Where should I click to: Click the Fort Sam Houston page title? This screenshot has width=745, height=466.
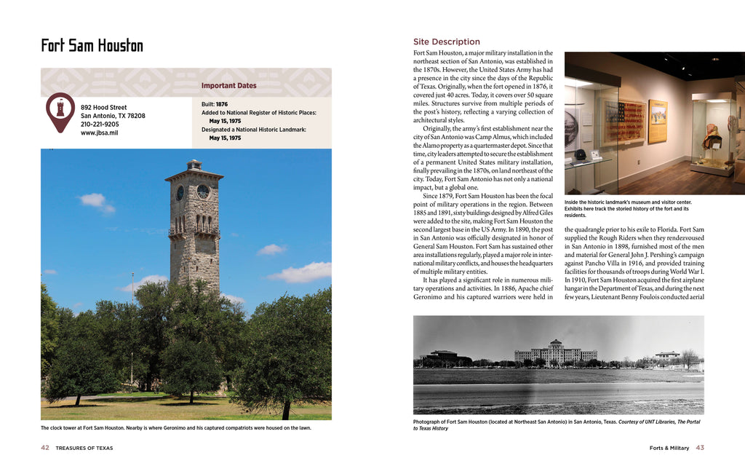pos(92,46)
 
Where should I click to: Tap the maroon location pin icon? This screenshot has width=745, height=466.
pos(60,111)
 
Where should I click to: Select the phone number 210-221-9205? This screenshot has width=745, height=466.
pos(100,125)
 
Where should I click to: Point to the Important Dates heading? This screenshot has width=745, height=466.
pos(228,86)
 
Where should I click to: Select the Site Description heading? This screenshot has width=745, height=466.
pos(446,42)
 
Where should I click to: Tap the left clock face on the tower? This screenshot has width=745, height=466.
pos(180,192)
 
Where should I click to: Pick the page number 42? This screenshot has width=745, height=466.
pos(45,448)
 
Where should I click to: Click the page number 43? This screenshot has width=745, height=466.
pos(699,448)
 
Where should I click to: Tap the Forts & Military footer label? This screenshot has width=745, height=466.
pos(669,448)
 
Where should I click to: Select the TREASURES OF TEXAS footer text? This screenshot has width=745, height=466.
pos(84,448)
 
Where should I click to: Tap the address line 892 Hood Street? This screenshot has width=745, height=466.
pos(103,107)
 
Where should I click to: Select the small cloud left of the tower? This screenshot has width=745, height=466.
pos(95,201)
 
